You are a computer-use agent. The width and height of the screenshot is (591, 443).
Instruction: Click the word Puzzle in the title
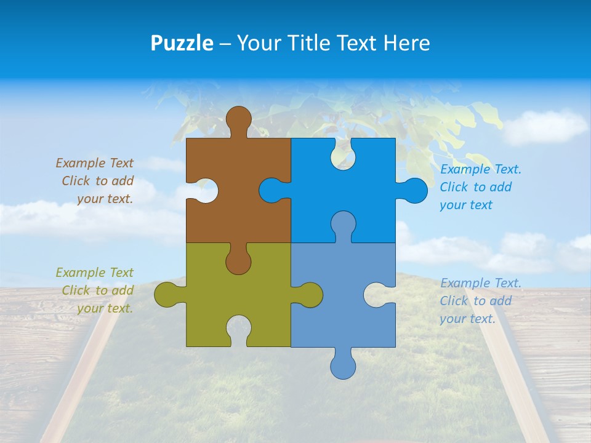pos(182,43)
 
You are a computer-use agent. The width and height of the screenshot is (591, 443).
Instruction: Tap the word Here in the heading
pos(406,43)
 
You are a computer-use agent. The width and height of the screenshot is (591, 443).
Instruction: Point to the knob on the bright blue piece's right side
pos(414,191)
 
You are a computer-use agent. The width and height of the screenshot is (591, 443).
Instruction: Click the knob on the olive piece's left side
pos(167,295)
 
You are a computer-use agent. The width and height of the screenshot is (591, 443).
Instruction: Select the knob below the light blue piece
pos(343,366)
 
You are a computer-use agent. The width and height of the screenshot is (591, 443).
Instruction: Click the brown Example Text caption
pos(95,181)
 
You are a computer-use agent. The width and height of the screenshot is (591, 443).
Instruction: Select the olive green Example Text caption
pos(95,290)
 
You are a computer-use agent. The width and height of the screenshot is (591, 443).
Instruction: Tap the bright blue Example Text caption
pos(480,187)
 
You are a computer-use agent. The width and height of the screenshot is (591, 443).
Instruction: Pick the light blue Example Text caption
pos(480,301)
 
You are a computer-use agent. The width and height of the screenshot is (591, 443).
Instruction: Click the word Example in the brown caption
pos(81,163)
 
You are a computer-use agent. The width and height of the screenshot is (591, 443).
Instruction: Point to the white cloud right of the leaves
pos(545,126)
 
